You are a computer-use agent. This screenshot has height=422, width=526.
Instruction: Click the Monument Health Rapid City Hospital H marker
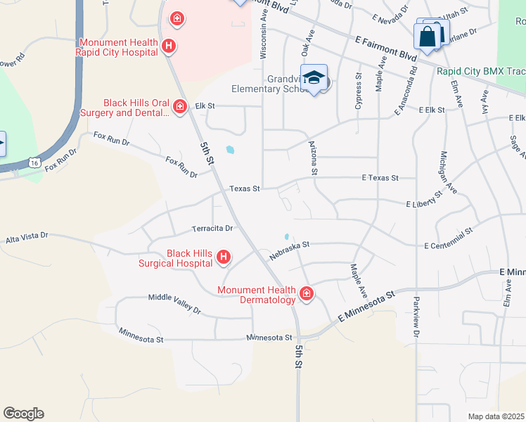pos(168,46)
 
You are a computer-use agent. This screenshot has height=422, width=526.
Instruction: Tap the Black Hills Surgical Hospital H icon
pos(223,257)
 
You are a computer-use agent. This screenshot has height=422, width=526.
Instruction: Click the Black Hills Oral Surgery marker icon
pos(180,107)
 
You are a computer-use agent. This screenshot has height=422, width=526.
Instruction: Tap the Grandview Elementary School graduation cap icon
pos(314,78)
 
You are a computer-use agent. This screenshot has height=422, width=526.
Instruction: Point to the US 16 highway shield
pos(34,162)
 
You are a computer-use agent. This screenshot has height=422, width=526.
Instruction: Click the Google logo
pos(23,414)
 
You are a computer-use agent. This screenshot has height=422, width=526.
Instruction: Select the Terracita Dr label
pos(212,229)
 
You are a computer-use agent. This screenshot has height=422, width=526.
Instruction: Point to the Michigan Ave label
pos(448,172)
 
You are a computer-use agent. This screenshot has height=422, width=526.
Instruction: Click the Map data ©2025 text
pos(495,416)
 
